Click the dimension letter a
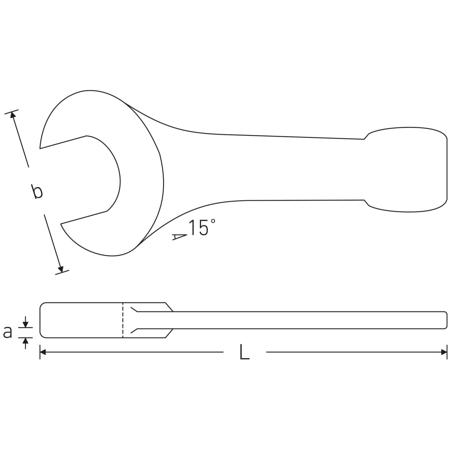pos(8,332)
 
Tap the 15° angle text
pos(202,228)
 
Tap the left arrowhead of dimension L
pos(43,352)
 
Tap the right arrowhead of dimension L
pos(444,352)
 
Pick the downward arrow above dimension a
pos(26,322)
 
